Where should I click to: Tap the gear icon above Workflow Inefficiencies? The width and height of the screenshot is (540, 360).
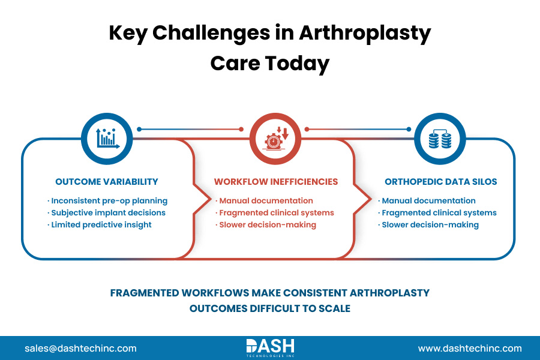275,138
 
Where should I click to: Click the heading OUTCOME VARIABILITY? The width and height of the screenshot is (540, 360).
107,182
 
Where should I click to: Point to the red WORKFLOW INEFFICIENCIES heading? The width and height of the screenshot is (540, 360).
276,182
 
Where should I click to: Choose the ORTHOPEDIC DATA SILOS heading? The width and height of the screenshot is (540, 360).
440,182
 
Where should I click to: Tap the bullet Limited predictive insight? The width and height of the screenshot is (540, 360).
101,224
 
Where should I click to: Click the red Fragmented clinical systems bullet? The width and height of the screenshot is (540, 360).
276,213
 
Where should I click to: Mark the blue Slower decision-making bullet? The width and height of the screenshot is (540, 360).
430,225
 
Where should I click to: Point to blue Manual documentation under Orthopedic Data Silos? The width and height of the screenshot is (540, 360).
428,201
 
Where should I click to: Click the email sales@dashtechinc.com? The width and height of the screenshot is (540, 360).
80,348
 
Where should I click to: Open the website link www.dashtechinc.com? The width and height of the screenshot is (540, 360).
470,348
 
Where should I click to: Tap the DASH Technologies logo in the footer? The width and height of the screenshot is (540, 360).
270,347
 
